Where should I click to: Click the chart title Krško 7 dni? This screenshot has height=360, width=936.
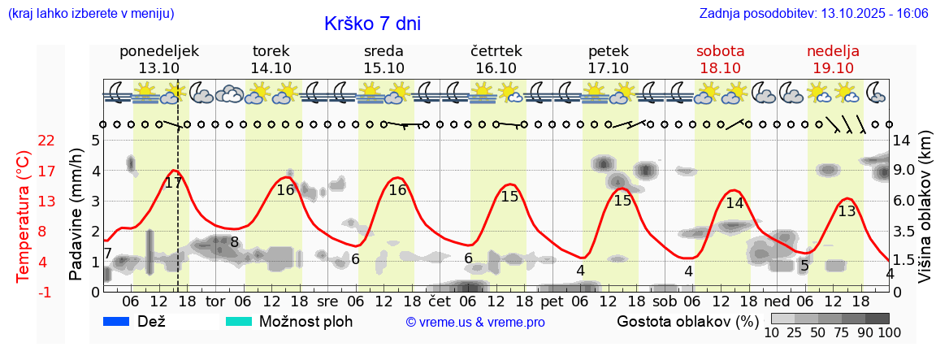(x=372, y=24)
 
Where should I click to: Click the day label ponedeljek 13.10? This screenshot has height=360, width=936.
(x=159, y=59)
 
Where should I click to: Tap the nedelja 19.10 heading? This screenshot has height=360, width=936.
(x=833, y=59)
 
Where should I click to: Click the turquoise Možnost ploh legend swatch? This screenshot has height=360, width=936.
(x=239, y=322)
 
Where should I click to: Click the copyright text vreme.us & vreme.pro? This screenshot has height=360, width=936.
(x=475, y=323)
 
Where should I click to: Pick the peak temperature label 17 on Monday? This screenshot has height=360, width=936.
(x=173, y=183)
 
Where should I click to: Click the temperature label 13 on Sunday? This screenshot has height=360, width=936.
(x=847, y=211)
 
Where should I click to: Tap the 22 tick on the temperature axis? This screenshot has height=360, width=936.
(x=46, y=141)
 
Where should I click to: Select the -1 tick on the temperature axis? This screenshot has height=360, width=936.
(x=46, y=292)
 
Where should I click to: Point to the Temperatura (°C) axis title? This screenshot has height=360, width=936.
(x=24, y=216)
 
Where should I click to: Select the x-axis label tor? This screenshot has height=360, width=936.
(x=214, y=301)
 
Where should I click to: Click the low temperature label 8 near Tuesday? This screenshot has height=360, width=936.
(x=234, y=241)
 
